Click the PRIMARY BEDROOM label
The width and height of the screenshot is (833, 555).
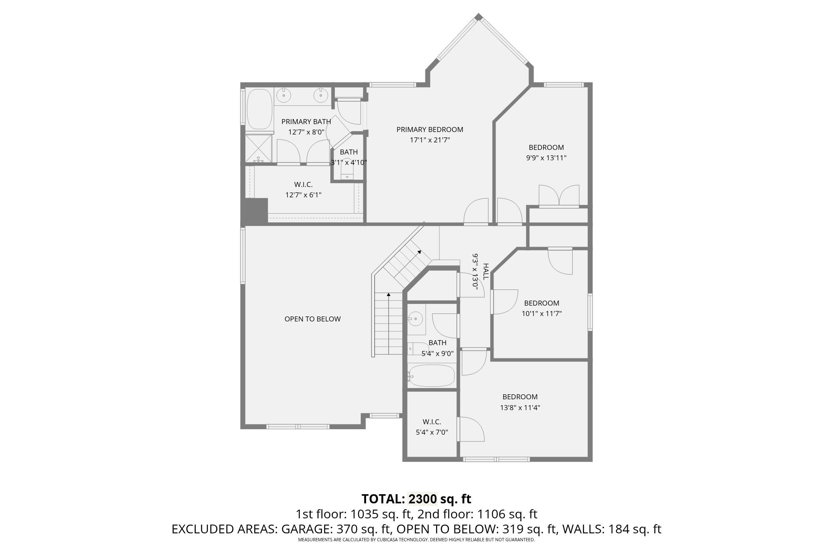click(x=429, y=129)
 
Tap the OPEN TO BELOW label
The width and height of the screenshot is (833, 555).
click(x=312, y=319)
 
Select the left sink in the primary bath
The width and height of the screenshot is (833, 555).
click(x=284, y=95)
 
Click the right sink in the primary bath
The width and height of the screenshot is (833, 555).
click(x=321, y=95)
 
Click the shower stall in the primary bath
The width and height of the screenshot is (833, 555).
click(x=258, y=148)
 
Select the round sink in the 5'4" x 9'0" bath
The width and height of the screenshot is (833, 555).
click(x=415, y=319)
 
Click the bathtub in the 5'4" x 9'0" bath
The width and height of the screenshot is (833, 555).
click(x=431, y=376)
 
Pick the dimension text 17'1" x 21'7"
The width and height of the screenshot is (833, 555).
click(x=429, y=140)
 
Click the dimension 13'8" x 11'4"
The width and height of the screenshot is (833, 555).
click(x=520, y=408)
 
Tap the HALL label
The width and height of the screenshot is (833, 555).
click(x=485, y=271)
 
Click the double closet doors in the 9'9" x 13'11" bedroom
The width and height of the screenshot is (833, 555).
click(x=559, y=196)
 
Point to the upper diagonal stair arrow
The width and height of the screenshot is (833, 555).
click(x=419, y=252)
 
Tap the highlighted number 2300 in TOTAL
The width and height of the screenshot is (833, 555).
click(x=422, y=499)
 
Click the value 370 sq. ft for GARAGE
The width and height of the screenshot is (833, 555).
click(x=362, y=529)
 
